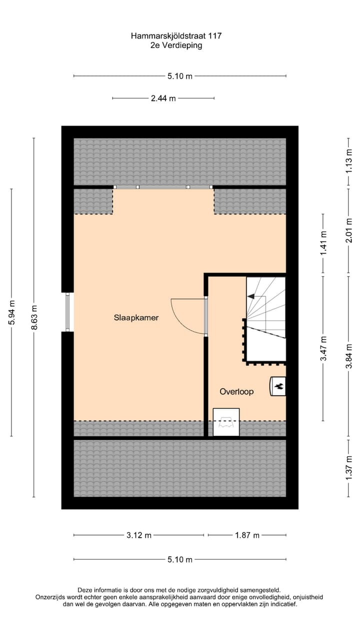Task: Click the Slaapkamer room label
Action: (x=136, y=317)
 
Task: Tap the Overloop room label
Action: (x=236, y=391)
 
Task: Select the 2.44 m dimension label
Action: (x=163, y=98)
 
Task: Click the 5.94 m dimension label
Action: (x=12, y=312)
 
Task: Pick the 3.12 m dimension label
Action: (x=138, y=535)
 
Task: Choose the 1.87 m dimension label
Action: (x=247, y=535)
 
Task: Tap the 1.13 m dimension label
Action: (x=349, y=161)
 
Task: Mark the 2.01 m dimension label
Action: (x=349, y=231)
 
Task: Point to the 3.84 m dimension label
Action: (x=349, y=355)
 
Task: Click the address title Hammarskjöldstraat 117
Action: (x=176, y=36)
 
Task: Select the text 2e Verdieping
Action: (x=176, y=45)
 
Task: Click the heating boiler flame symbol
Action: (x=279, y=385)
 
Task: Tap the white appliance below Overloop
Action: (x=226, y=422)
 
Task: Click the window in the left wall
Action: (x=67, y=312)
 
